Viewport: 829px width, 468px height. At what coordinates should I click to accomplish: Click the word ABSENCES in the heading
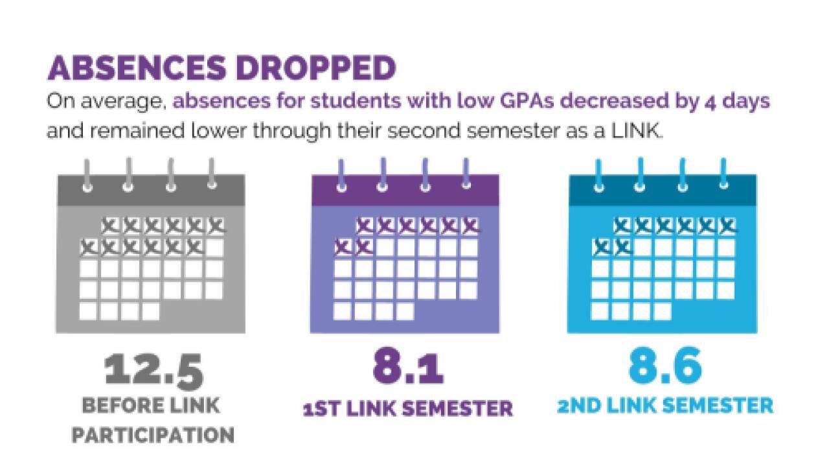(x=137, y=68)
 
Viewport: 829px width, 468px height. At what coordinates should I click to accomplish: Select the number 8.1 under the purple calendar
(x=408, y=366)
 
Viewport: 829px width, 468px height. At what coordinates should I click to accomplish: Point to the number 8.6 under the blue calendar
(x=665, y=366)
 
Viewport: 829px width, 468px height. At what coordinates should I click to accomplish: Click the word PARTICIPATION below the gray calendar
(x=153, y=435)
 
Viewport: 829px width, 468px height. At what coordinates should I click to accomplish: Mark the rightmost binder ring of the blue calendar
(x=724, y=174)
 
